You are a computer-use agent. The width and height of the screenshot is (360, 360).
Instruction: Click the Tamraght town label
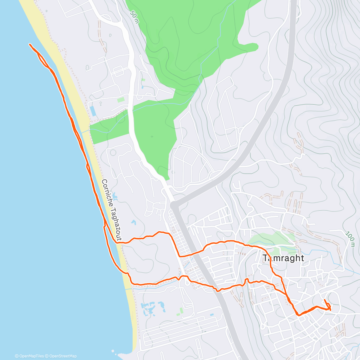click(x=283, y=258)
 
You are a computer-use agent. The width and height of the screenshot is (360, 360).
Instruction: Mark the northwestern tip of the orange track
click(x=29, y=44)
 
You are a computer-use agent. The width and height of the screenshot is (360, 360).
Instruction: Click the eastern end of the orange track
click(x=330, y=307)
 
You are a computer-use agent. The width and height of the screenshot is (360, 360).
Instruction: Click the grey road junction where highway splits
click(x=174, y=205)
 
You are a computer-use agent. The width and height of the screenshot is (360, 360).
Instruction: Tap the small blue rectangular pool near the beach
click(x=93, y=111)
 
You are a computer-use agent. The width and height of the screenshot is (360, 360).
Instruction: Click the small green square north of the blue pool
click(x=121, y=100)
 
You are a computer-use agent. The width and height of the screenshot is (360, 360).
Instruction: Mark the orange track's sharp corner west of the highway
click(x=179, y=256)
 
